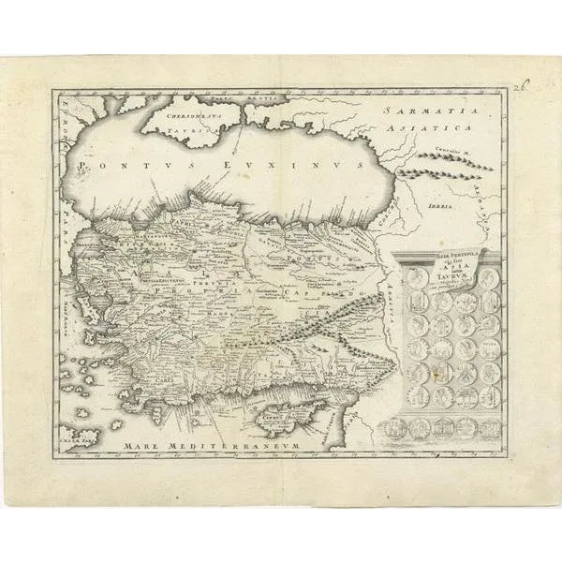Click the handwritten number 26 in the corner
point(522,86)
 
